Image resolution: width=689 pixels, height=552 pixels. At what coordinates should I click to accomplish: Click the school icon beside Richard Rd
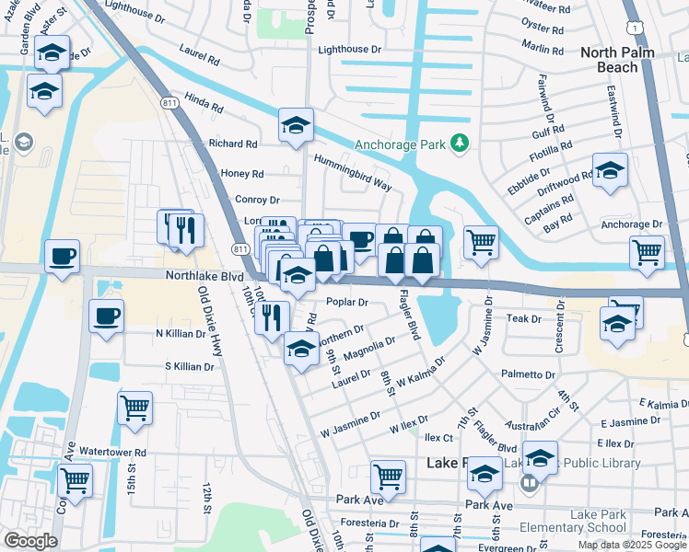[x=296, y=127]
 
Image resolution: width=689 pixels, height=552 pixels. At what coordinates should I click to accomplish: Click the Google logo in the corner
[x=29, y=541]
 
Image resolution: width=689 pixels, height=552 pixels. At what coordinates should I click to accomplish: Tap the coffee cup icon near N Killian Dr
[x=107, y=316]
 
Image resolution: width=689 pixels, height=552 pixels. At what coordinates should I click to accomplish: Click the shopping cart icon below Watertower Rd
[x=75, y=480]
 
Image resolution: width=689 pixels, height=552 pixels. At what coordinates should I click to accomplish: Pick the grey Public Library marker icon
[x=530, y=482]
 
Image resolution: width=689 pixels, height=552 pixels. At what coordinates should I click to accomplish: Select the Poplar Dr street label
[x=347, y=302]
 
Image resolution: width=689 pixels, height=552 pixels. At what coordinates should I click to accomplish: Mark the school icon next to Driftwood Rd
[x=610, y=171]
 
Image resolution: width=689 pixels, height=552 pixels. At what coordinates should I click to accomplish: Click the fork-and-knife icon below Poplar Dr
[x=270, y=317]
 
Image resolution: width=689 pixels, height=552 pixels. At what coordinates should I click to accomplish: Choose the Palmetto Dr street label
[x=528, y=375]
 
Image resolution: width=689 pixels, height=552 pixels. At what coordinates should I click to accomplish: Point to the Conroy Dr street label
[x=257, y=200]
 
